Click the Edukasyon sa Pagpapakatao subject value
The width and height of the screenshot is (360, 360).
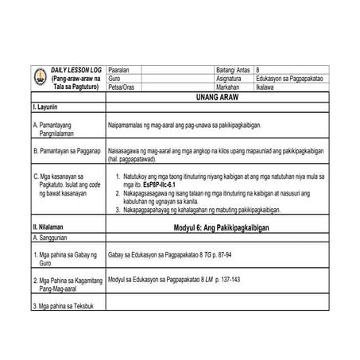pos(302,79)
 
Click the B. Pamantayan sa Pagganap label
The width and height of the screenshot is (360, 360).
pos(67,149)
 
